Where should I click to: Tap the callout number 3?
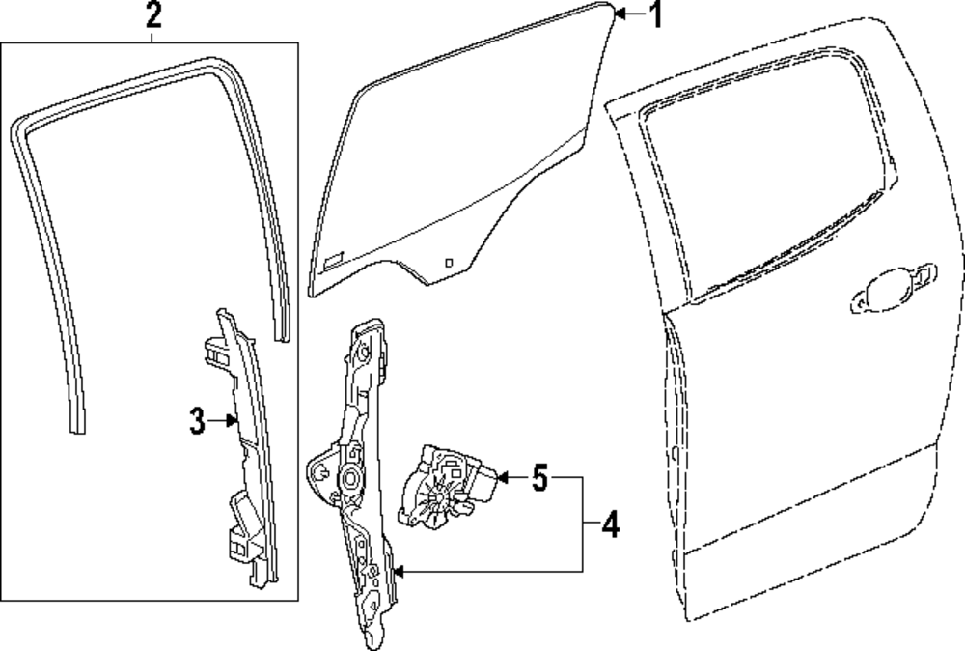click(196, 421)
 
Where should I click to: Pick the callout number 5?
click(538, 476)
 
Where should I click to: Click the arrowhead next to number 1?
click(620, 14)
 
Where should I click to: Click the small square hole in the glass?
click(449, 261)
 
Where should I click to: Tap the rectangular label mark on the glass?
click(333, 258)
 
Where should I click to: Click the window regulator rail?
click(365, 483)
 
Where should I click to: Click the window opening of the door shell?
click(762, 184)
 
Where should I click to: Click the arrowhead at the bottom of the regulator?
click(398, 572)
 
